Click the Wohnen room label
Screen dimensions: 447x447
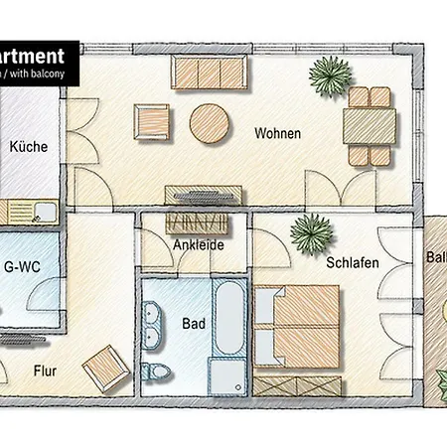[277, 133]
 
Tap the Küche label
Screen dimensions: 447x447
[29, 147]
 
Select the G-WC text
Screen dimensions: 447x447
[22, 265]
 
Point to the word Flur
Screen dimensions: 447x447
[45, 373]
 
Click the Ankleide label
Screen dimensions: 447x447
[198, 244]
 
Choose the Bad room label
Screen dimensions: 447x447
[193, 323]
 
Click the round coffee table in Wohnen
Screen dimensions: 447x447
[210, 125]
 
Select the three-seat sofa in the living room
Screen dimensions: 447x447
[210, 72]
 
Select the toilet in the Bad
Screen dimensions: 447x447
[155, 372]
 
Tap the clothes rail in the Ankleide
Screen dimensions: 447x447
[201, 221]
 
